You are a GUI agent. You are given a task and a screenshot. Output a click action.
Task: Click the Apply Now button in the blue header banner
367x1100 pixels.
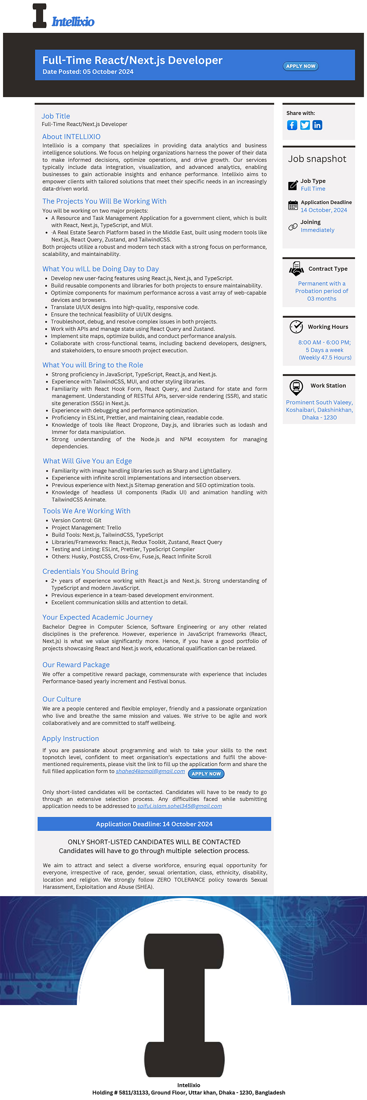(x=300, y=66)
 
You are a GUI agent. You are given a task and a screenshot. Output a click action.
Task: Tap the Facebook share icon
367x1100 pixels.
(x=292, y=125)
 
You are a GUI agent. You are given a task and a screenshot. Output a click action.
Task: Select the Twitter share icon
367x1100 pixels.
(x=305, y=125)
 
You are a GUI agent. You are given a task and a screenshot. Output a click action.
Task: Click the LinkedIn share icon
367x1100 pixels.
(x=317, y=125)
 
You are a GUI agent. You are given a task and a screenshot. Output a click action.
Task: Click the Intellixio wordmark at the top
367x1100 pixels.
(x=73, y=22)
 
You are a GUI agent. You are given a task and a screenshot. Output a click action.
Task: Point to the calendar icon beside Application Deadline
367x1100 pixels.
(x=293, y=205)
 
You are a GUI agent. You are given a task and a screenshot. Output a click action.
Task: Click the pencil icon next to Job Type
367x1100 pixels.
(x=293, y=185)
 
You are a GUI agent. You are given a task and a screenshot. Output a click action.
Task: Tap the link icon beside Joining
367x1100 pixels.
(x=293, y=227)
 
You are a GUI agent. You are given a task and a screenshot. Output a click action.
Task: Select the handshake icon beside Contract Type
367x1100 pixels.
(x=296, y=269)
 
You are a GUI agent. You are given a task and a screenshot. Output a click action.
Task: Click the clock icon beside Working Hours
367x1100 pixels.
(x=296, y=327)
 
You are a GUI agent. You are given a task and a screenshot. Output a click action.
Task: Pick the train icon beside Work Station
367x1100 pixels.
(x=296, y=387)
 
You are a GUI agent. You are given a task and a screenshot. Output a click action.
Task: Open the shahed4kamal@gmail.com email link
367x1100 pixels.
(x=150, y=771)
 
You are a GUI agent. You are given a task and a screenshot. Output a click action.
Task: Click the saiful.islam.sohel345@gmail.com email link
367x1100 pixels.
(x=179, y=806)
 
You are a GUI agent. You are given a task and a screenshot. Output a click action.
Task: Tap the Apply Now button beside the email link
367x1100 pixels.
(x=206, y=774)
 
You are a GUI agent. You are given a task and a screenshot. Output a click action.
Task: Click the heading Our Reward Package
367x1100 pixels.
(x=76, y=665)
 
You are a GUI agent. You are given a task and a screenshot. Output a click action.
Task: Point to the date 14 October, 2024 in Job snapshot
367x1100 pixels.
(x=324, y=210)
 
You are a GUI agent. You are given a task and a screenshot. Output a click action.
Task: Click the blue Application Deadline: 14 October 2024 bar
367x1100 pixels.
(x=154, y=824)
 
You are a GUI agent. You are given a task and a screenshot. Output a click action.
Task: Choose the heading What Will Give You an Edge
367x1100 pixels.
(x=87, y=461)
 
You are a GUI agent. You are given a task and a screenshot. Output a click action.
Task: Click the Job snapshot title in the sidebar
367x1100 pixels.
(x=317, y=159)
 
